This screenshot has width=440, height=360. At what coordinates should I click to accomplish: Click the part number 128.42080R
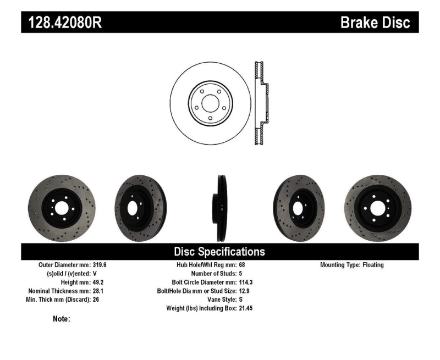[62, 22]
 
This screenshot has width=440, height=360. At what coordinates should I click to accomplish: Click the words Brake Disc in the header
[375, 22]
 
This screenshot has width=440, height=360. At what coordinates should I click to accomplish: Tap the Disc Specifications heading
[219, 252]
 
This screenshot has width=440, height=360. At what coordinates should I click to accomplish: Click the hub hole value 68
[242, 265]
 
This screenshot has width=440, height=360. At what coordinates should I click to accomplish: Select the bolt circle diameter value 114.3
[245, 283]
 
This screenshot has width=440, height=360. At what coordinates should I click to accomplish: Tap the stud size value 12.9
[244, 291]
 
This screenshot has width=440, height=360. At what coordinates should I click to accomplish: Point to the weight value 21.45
[245, 308]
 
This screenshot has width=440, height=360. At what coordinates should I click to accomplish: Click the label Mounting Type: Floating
[352, 265]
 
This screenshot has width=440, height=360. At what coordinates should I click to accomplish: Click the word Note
[61, 319]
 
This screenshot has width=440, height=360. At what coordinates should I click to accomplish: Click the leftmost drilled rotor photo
[61, 208]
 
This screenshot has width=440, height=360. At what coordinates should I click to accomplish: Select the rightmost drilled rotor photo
[377, 208]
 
